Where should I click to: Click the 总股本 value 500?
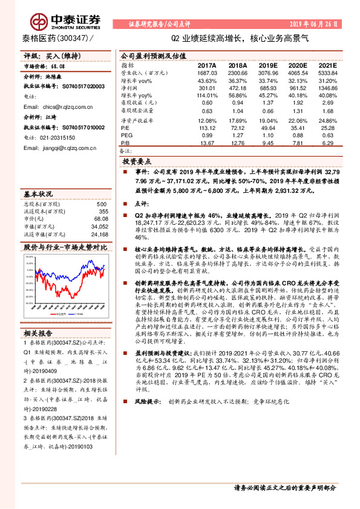point(102,204)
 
